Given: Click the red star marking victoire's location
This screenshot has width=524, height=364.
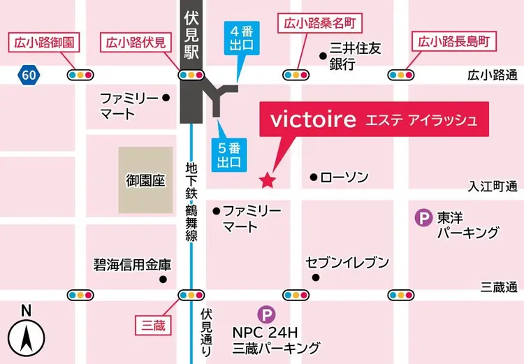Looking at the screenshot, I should coord(266,182).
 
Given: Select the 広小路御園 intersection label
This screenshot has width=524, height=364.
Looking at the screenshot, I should coord(43,43).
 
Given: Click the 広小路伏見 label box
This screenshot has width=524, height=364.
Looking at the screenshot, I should coord(136,43).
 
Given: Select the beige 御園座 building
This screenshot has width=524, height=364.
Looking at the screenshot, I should coord(145,180).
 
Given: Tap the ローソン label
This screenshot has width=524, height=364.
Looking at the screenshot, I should coord(344,178).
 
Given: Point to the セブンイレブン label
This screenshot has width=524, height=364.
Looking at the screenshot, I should coord(347,263).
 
